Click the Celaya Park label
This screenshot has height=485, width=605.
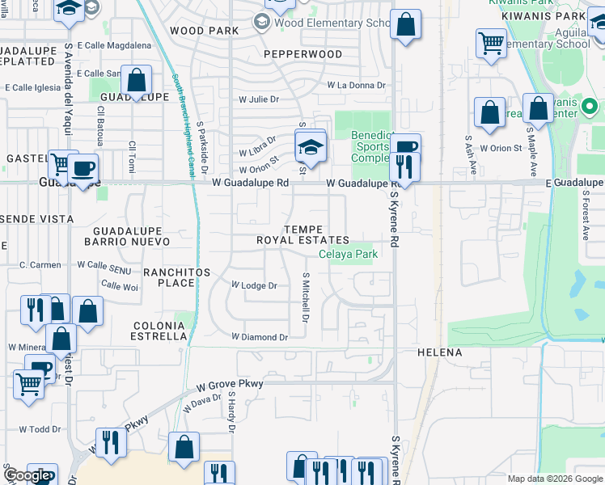tap(348, 254)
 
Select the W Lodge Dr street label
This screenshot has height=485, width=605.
tap(254, 285)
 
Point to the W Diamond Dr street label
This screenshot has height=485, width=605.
tap(260, 336)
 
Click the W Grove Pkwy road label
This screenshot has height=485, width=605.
tap(231, 384)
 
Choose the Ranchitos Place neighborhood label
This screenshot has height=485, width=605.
tap(171, 277)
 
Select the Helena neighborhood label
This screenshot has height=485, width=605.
tap(439, 352)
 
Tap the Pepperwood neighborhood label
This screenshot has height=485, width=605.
tap(303, 54)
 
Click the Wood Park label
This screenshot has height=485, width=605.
tap(204, 31)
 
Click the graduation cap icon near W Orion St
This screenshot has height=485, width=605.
tap(309, 146)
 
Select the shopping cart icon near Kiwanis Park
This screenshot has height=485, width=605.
tap(491, 43)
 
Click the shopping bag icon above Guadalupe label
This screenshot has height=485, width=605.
tap(137, 80)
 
